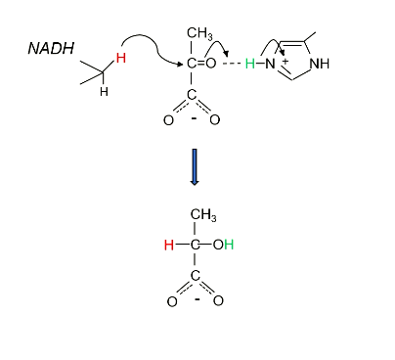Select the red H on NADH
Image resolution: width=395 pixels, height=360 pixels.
coord(120,59)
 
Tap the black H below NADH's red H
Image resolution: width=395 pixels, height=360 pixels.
coord(105,91)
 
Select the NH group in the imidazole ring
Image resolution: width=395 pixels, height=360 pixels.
coord(319,65)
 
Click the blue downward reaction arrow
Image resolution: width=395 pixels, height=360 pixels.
coord(195,165)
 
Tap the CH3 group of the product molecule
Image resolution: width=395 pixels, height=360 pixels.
coord(203,215)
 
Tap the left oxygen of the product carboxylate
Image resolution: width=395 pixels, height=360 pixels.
coord(171,300)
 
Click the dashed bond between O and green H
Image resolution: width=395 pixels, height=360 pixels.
coord(231,64)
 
